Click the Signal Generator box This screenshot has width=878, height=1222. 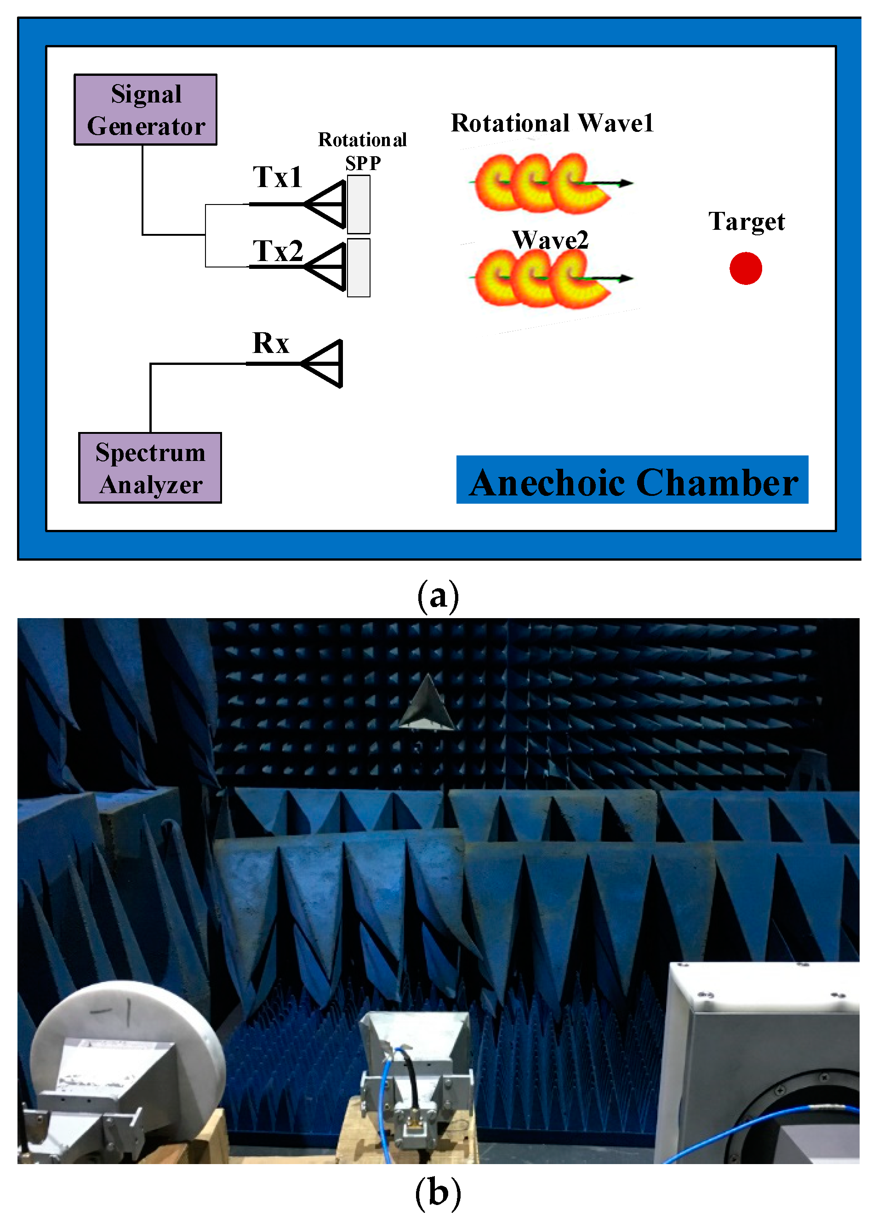point(146,110)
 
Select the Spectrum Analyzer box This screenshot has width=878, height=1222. point(150,468)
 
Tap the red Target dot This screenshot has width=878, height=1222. point(746,268)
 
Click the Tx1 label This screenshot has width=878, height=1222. point(278,177)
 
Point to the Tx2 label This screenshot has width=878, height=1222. point(278,251)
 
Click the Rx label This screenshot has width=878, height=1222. point(271,343)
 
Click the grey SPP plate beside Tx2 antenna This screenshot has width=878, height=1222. point(359,268)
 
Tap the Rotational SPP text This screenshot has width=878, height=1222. point(362,151)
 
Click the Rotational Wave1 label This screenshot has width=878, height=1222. point(552,123)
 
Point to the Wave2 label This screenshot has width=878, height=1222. point(550,240)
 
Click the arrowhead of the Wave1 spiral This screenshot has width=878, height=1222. point(626,183)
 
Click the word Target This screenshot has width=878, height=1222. point(747,222)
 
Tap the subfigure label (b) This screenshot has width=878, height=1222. point(438,1193)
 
